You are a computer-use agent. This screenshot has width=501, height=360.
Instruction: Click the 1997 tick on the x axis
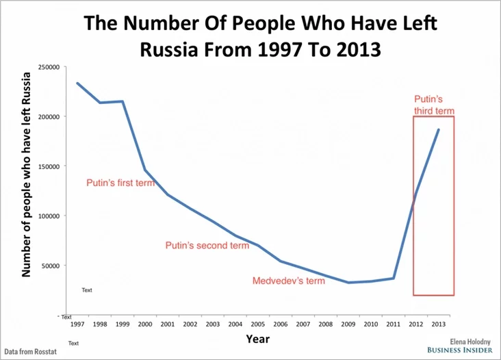[x=77, y=324]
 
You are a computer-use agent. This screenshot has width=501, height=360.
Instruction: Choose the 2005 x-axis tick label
[x=257, y=324]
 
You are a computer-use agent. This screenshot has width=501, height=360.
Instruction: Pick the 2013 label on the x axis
[x=439, y=324]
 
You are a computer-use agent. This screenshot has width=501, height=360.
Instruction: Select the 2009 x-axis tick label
[x=348, y=324]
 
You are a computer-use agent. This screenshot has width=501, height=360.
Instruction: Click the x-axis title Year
[x=257, y=339]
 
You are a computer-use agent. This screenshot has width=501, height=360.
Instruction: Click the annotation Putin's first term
[x=120, y=183]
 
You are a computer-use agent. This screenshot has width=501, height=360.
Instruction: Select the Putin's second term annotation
[x=207, y=246]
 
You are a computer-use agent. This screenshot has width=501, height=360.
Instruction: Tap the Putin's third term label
[x=434, y=105]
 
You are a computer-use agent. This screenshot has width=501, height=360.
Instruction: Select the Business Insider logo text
[x=460, y=349]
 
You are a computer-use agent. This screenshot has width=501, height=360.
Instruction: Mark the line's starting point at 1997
[x=77, y=83]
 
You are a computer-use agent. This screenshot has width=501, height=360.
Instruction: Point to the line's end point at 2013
[x=439, y=129]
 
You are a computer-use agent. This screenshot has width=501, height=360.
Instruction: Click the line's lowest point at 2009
[x=348, y=283]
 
